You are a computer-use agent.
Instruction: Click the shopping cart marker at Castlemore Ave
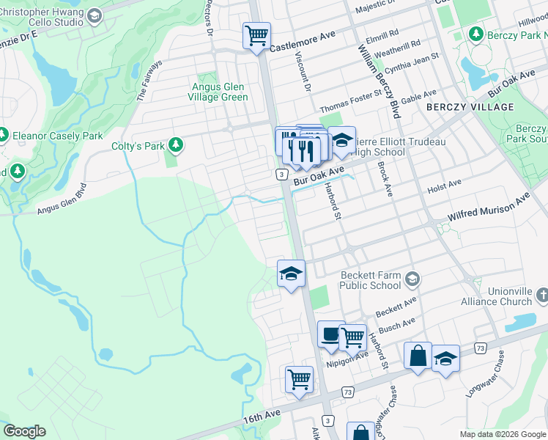point(256,34)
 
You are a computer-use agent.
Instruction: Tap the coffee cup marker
point(330,334)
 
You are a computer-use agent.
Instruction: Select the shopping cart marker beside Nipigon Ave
point(352,337)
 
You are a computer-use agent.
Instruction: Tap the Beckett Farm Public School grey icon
point(413,278)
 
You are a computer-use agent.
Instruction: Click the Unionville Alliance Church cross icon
point(541,295)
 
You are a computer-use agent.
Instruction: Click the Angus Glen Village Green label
point(218,92)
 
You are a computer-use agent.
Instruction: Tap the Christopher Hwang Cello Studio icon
point(94,16)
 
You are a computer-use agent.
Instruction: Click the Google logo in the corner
point(24,431)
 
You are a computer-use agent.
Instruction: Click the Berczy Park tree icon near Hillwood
point(475,34)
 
